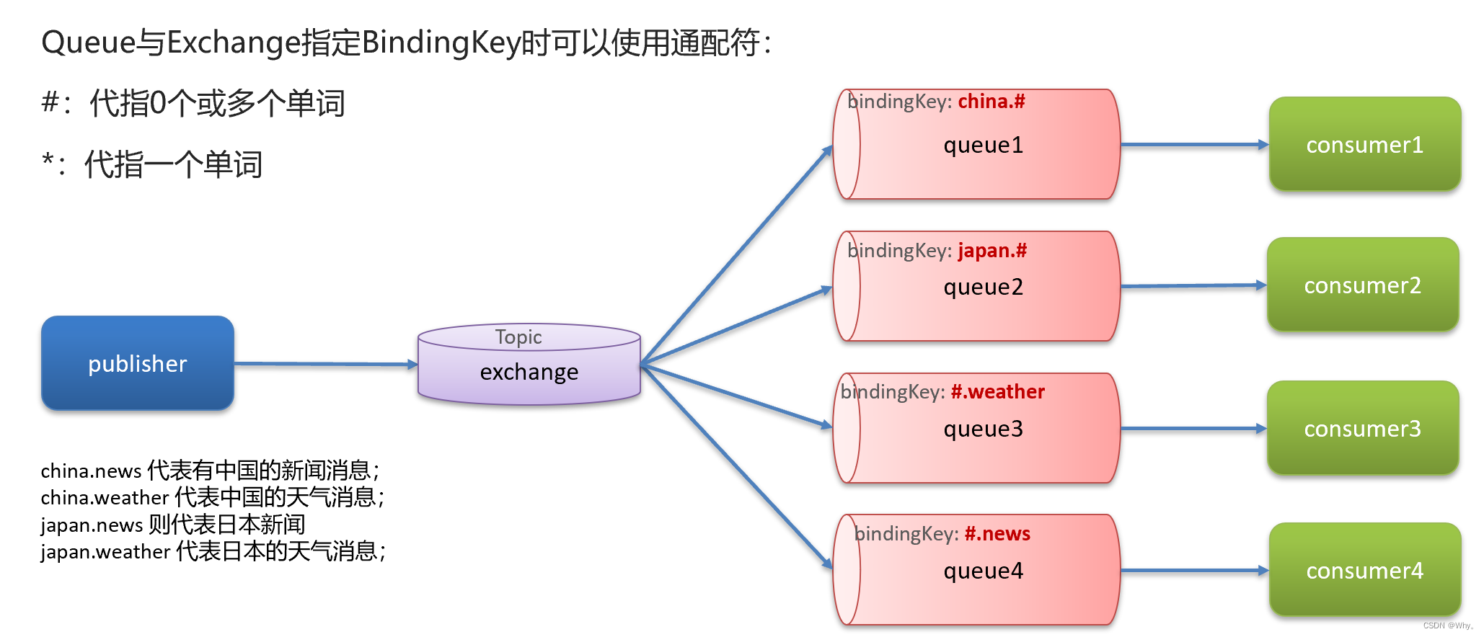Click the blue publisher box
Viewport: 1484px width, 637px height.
pyautogui.click(x=138, y=363)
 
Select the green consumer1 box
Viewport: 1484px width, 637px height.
pyautogui.click(x=1364, y=144)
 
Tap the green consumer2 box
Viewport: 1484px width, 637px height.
pyautogui.click(x=1362, y=285)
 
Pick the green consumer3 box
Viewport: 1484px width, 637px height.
pyautogui.click(x=1362, y=428)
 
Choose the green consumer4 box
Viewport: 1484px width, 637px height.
pyautogui.click(x=1364, y=570)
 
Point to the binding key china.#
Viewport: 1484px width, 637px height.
pyautogui.click(x=991, y=102)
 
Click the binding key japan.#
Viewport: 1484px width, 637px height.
pyautogui.click(x=991, y=251)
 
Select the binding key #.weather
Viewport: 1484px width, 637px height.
pyautogui.click(x=997, y=392)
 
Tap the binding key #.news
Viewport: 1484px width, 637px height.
pyautogui.click(x=997, y=534)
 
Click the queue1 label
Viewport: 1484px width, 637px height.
pyautogui.click(x=983, y=146)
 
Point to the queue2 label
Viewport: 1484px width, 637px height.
pyautogui.click(x=983, y=288)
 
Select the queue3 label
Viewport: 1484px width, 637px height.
pyautogui.click(x=983, y=429)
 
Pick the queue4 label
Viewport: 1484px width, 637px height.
pyautogui.click(x=983, y=571)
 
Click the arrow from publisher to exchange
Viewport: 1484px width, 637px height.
pyautogui.click(x=325, y=364)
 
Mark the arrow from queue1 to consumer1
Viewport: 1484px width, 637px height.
pyautogui.click(x=1193, y=145)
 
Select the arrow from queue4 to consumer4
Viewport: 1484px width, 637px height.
pyautogui.click(x=1193, y=571)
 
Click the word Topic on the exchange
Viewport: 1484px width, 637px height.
pyautogui.click(x=518, y=337)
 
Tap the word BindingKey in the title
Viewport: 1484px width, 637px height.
pyautogui.click(x=441, y=43)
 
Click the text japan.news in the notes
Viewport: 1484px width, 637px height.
pyautogui.click(x=92, y=525)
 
